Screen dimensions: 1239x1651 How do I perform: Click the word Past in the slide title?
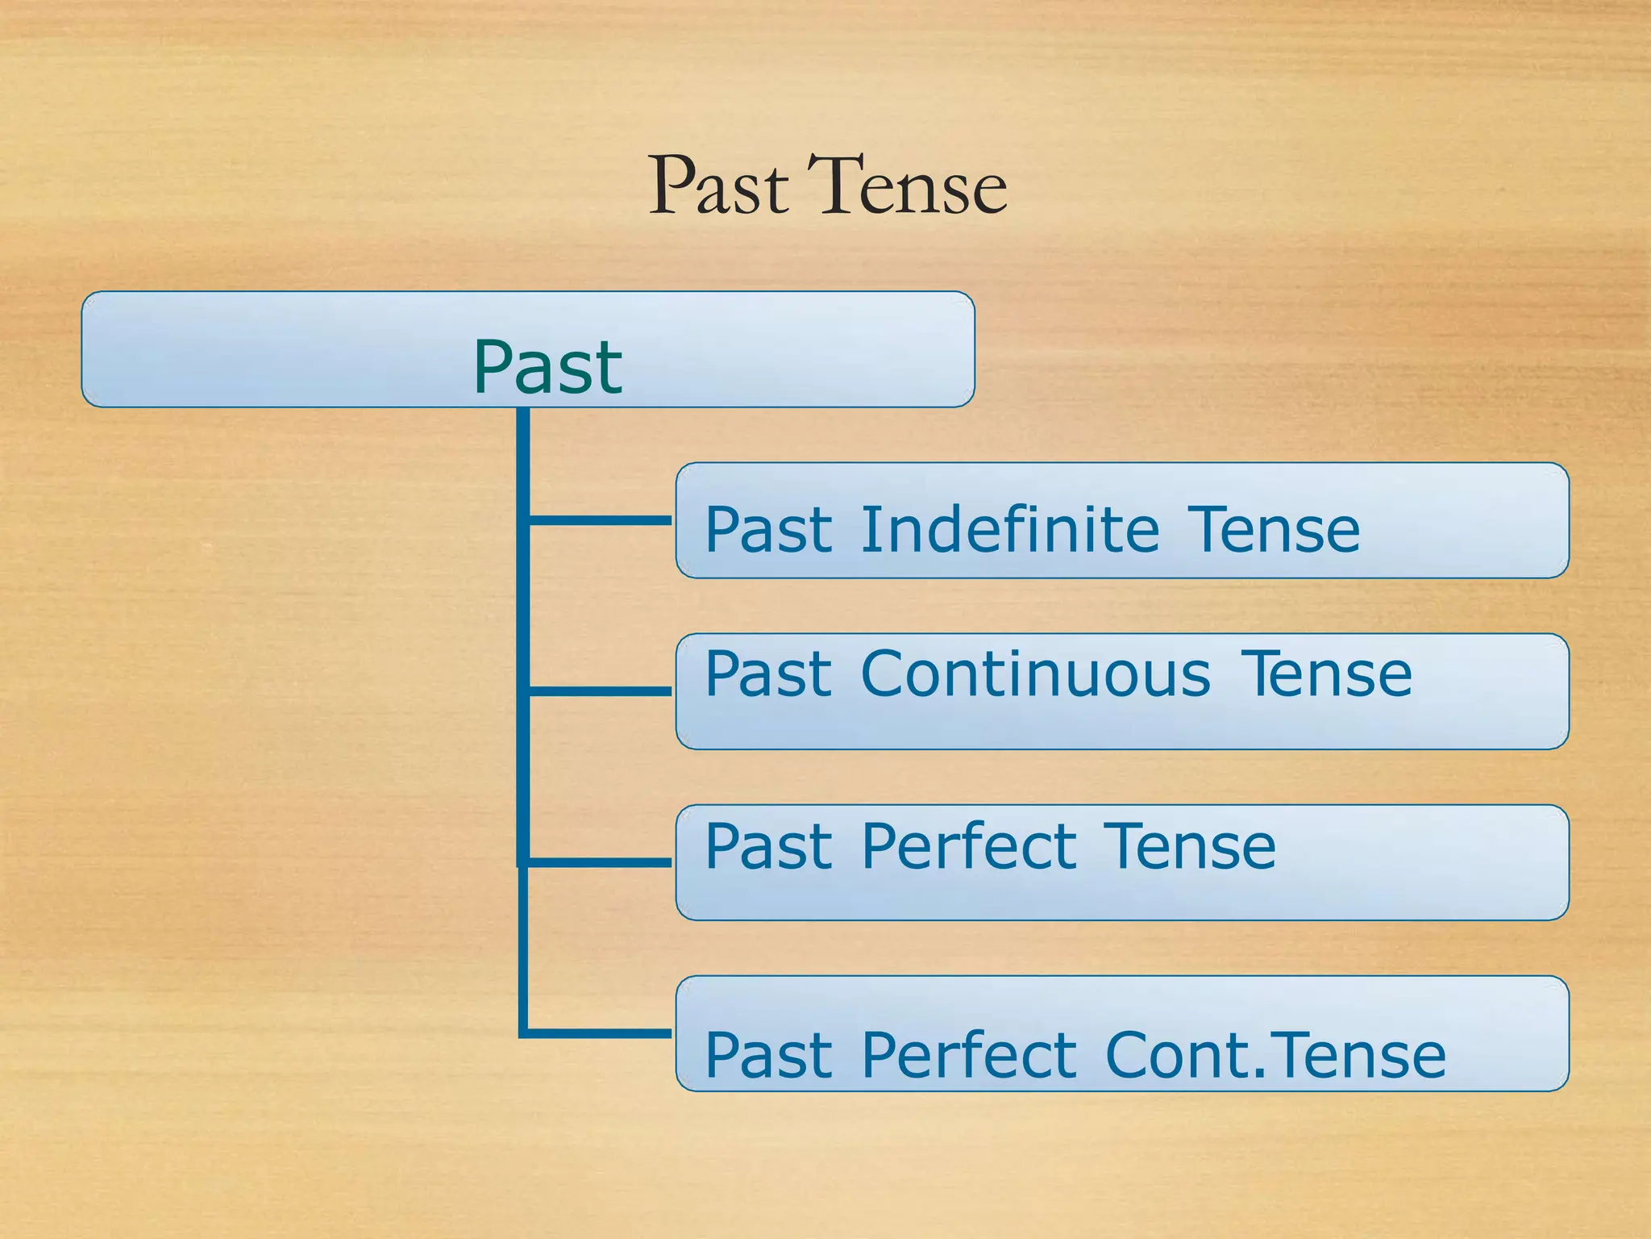[717, 187]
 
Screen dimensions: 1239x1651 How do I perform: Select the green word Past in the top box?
[547, 368]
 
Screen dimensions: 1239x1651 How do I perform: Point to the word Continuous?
[1035, 674]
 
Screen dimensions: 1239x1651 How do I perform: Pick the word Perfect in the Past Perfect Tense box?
[968, 846]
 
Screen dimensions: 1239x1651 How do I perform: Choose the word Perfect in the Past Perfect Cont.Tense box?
[968, 1054]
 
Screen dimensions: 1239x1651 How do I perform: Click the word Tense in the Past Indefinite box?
[1274, 530]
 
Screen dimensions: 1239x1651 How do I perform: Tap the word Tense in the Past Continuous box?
[1326, 674]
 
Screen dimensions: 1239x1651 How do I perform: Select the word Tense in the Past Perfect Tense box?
[1189, 846]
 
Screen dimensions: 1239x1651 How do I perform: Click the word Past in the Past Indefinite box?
[768, 530]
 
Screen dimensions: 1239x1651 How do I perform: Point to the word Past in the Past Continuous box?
[768, 674]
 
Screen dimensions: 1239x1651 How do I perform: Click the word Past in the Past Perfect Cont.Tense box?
[768, 1054]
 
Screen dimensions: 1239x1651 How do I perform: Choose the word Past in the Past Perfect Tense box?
[768, 846]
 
